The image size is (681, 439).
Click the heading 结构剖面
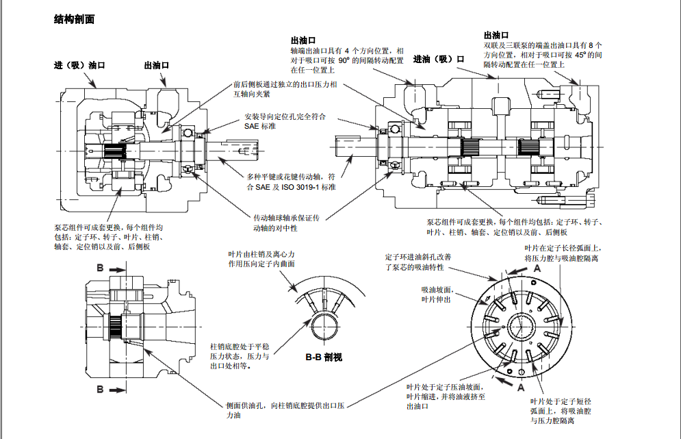[x=74, y=19]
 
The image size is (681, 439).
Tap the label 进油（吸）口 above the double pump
[x=439, y=60]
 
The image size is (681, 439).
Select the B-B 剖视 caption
[x=324, y=357]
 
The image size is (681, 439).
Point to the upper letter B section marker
[x=100, y=268]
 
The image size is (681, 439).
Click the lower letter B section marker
[x=100, y=390]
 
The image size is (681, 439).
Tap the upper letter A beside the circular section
[x=537, y=269]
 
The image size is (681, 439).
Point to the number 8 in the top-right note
[x=590, y=45]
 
